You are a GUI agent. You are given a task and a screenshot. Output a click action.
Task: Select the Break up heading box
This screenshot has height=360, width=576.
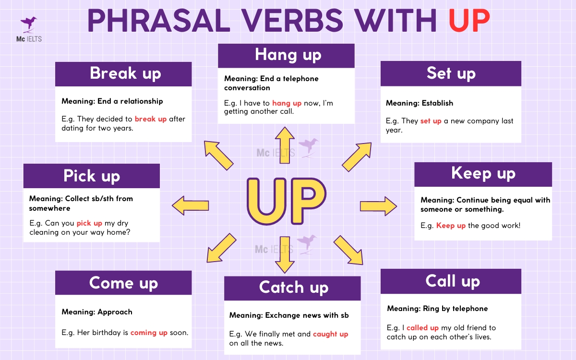[123, 74]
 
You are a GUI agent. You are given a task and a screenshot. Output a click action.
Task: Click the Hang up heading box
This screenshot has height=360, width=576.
[286, 55]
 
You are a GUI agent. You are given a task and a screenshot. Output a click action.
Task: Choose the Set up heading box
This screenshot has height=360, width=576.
[451, 73]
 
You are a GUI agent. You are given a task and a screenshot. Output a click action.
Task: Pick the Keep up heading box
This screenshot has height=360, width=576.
[483, 174]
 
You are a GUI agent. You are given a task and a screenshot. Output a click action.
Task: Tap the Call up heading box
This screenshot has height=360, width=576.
[451, 281]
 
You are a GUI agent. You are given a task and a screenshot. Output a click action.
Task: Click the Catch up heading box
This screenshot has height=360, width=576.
[292, 288]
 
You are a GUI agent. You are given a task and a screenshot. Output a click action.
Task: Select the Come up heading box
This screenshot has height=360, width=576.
[123, 283]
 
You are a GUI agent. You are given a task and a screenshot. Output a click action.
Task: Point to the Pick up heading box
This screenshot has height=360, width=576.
[92, 176]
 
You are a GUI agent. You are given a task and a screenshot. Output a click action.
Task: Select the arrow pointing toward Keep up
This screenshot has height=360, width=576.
[378, 206]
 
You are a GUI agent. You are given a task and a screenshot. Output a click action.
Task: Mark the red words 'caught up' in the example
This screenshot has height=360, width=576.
[330, 334]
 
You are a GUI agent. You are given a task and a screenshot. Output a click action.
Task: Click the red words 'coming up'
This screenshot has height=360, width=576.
[149, 332]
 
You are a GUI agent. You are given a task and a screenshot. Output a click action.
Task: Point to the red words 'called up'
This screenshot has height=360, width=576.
[422, 328]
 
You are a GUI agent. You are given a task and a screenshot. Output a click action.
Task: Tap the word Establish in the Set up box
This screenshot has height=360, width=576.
[437, 103]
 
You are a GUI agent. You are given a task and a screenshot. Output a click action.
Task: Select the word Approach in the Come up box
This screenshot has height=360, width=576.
[115, 312]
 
